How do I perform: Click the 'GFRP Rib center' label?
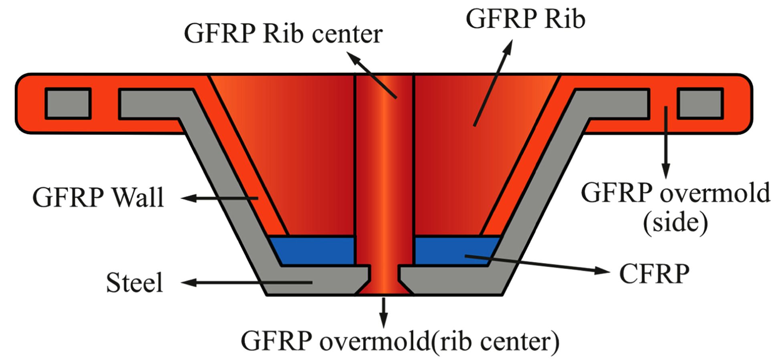(x=283, y=34)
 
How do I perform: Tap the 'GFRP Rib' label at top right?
(x=525, y=18)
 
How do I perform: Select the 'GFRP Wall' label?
(x=98, y=197)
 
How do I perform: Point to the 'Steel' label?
(x=135, y=283)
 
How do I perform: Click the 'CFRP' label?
(x=654, y=274)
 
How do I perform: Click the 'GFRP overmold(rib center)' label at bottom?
(x=399, y=342)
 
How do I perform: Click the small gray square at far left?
(x=68, y=103)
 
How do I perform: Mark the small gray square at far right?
(x=700, y=103)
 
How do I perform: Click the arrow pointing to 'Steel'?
(x=246, y=283)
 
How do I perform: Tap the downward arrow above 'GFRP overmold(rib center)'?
(x=384, y=312)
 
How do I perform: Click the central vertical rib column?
(x=384, y=168)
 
